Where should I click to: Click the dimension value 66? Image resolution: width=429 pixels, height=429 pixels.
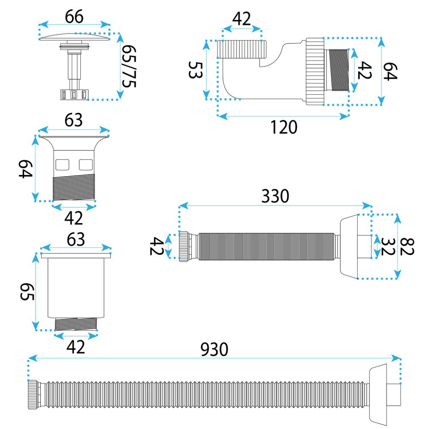(74, 17)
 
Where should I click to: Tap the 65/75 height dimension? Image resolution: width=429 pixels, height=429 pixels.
(129, 66)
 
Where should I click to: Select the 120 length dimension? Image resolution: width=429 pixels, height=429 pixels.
(284, 127)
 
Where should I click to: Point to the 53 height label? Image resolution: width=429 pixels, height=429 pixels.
(196, 70)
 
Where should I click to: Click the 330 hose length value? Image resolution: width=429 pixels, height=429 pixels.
(275, 196)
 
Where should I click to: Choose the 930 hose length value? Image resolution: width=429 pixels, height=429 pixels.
(214, 349)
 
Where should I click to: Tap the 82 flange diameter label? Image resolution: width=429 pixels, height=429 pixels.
(407, 247)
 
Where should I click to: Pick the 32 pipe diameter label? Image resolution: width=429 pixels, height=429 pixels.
(388, 247)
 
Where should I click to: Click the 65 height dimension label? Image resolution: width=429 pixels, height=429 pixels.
(27, 292)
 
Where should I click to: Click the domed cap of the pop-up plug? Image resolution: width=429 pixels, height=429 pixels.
(74, 37)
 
